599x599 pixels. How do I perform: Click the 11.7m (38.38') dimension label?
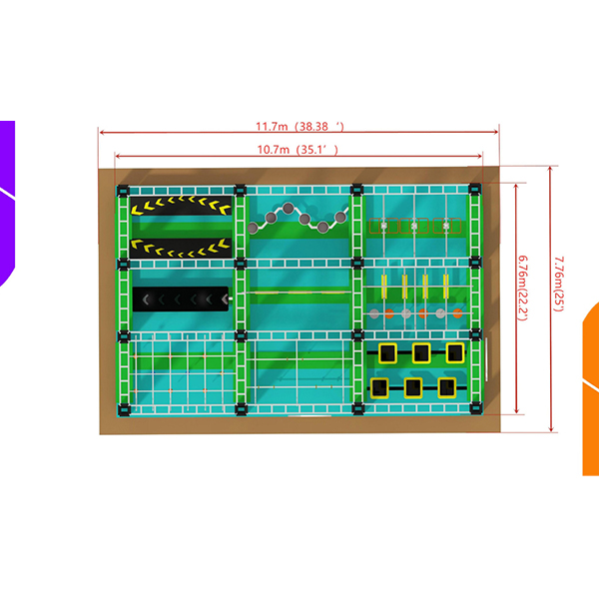(x=299, y=127)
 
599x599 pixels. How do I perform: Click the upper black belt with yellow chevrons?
(x=181, y=207)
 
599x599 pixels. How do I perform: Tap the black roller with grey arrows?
(x=181, y=298)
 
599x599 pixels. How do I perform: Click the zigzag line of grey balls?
(x=299, y=217)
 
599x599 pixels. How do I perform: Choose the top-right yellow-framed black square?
(x=455, y=352)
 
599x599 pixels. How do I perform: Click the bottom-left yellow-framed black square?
(x=379, y=386)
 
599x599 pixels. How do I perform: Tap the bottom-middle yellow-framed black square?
(x=413, y=386)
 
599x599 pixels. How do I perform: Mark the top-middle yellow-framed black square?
(x=421, y=352)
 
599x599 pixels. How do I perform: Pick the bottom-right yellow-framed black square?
(x=447, y=386)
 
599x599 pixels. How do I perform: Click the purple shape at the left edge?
(x=7, y=200)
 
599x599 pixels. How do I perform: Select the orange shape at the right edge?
(x=591, y=389)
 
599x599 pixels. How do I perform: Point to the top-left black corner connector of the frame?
(x=123, y=190)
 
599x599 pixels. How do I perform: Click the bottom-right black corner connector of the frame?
(x=476, y=407)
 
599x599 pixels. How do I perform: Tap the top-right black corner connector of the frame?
(x=476, y=190)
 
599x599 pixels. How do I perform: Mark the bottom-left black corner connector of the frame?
(x=123, y=407)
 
